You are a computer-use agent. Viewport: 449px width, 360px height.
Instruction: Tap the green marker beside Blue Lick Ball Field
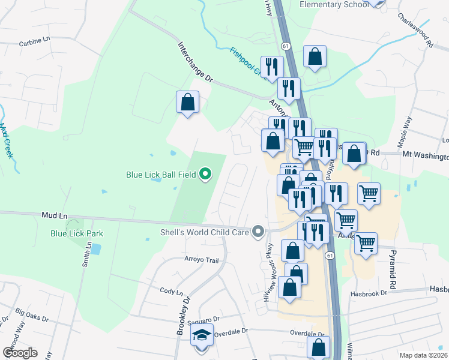[205, 175]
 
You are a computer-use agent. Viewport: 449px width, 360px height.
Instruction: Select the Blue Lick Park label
[77, 233]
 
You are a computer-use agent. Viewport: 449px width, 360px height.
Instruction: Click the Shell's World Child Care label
[204, 232]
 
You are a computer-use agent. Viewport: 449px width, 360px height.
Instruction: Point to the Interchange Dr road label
[195, 61]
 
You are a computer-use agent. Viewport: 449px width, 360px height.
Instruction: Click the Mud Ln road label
[52, 214]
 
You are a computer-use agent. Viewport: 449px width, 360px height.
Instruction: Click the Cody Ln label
[171, 291]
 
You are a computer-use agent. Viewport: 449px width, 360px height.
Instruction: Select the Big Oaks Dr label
[29, 313]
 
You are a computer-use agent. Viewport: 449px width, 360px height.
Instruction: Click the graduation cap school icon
[202, 336]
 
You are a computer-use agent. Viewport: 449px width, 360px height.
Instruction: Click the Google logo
[20, 352]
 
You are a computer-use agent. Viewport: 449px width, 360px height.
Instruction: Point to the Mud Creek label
[7, 140]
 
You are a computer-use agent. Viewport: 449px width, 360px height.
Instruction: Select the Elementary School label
[334, 5]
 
